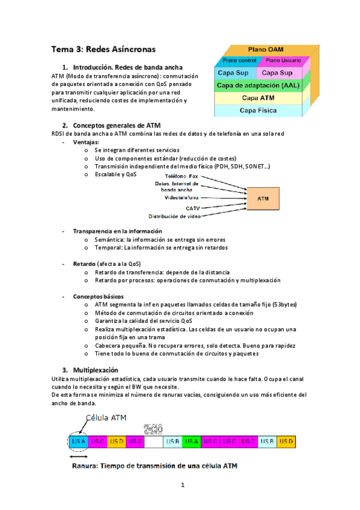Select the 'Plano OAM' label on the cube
266,49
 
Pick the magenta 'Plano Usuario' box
284,61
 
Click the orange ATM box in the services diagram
263,198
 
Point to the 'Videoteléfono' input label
182,197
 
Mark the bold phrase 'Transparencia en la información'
117,231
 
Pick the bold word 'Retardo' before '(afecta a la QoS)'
84,264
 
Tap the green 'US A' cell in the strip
192,442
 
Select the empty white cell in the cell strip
154,442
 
